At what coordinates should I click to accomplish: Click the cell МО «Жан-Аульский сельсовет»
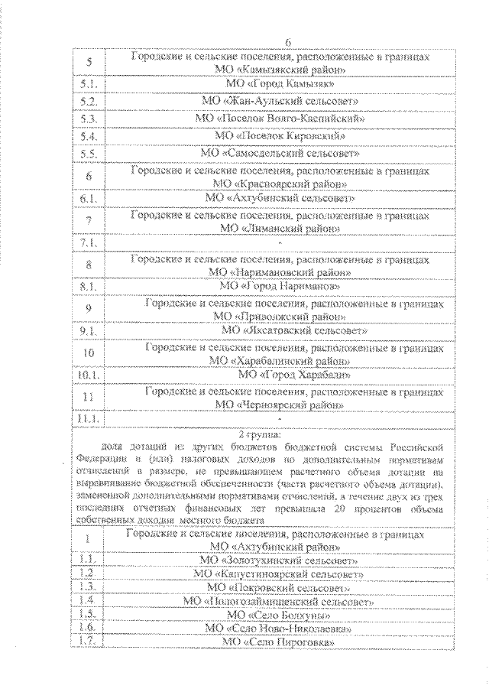click(279, 100)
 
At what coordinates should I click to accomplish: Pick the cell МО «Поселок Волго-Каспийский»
click(279, 119)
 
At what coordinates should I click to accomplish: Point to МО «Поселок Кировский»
click(280, 136)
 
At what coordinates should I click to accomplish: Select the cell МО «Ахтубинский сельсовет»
click(279, 197)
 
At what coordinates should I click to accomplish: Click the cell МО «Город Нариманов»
click(279, 285)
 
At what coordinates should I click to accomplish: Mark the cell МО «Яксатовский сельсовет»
click(294, 330)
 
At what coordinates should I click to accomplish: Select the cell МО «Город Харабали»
click(294, 375)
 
